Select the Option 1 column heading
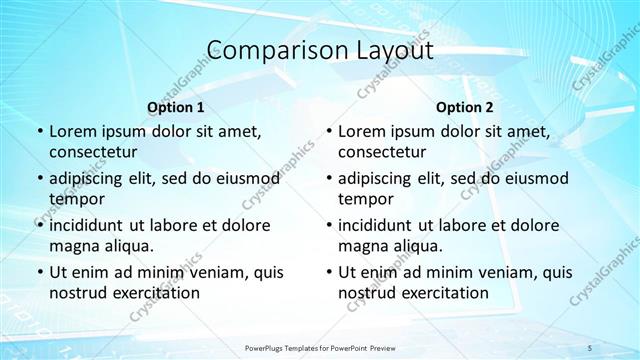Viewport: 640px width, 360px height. coord(176,107)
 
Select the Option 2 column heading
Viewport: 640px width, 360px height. coord(465,107)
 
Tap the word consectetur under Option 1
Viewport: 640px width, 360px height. coord(94,152)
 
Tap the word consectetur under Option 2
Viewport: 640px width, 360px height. coord(383,152)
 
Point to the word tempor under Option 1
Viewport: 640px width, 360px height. coord(75,198)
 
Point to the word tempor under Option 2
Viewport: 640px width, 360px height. coord(364,198)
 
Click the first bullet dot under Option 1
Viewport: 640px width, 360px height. coord(39,132)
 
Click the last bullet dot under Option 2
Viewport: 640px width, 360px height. coord(328,272)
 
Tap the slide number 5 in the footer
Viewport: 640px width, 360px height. coord(590,347)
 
